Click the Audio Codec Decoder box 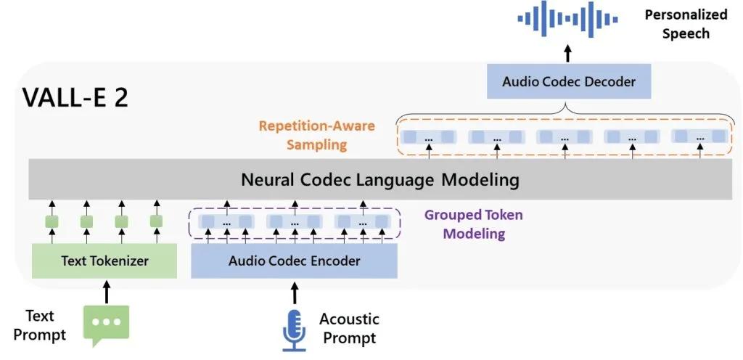pyautogui.click(x=569, y=81)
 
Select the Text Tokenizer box pyautogui.click(x=104, y=261)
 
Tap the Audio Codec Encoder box pyautogui.click(x=294, y=261)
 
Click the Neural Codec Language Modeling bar pyautogui.click(x=380, y=179)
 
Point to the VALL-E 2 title pyautogui.click(x=75, y=98)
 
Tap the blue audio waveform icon pyautogui.click(x=567, y=19)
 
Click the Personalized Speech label pyautogui.click(x=686, y=24)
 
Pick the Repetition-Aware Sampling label pyautogui.click(x=316, y=135)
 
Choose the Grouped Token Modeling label pyautogui.click(x=473, y=224)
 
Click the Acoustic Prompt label pyautogui.click(x=349, y=328)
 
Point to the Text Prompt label pyautogui.click(x=40, y=325)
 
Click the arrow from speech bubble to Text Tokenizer pyautogui.click(x=106, y=291)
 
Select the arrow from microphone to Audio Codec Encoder pyautogui.click(x=295, y=292)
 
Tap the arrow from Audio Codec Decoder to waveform pyautogui.click(x=567, y=53)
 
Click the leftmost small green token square pyautogui.click(x=52, y=221)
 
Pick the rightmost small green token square pyautogui.click(x=156, y=221)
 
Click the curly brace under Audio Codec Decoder pyautogui.click(x=564, y=114)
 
